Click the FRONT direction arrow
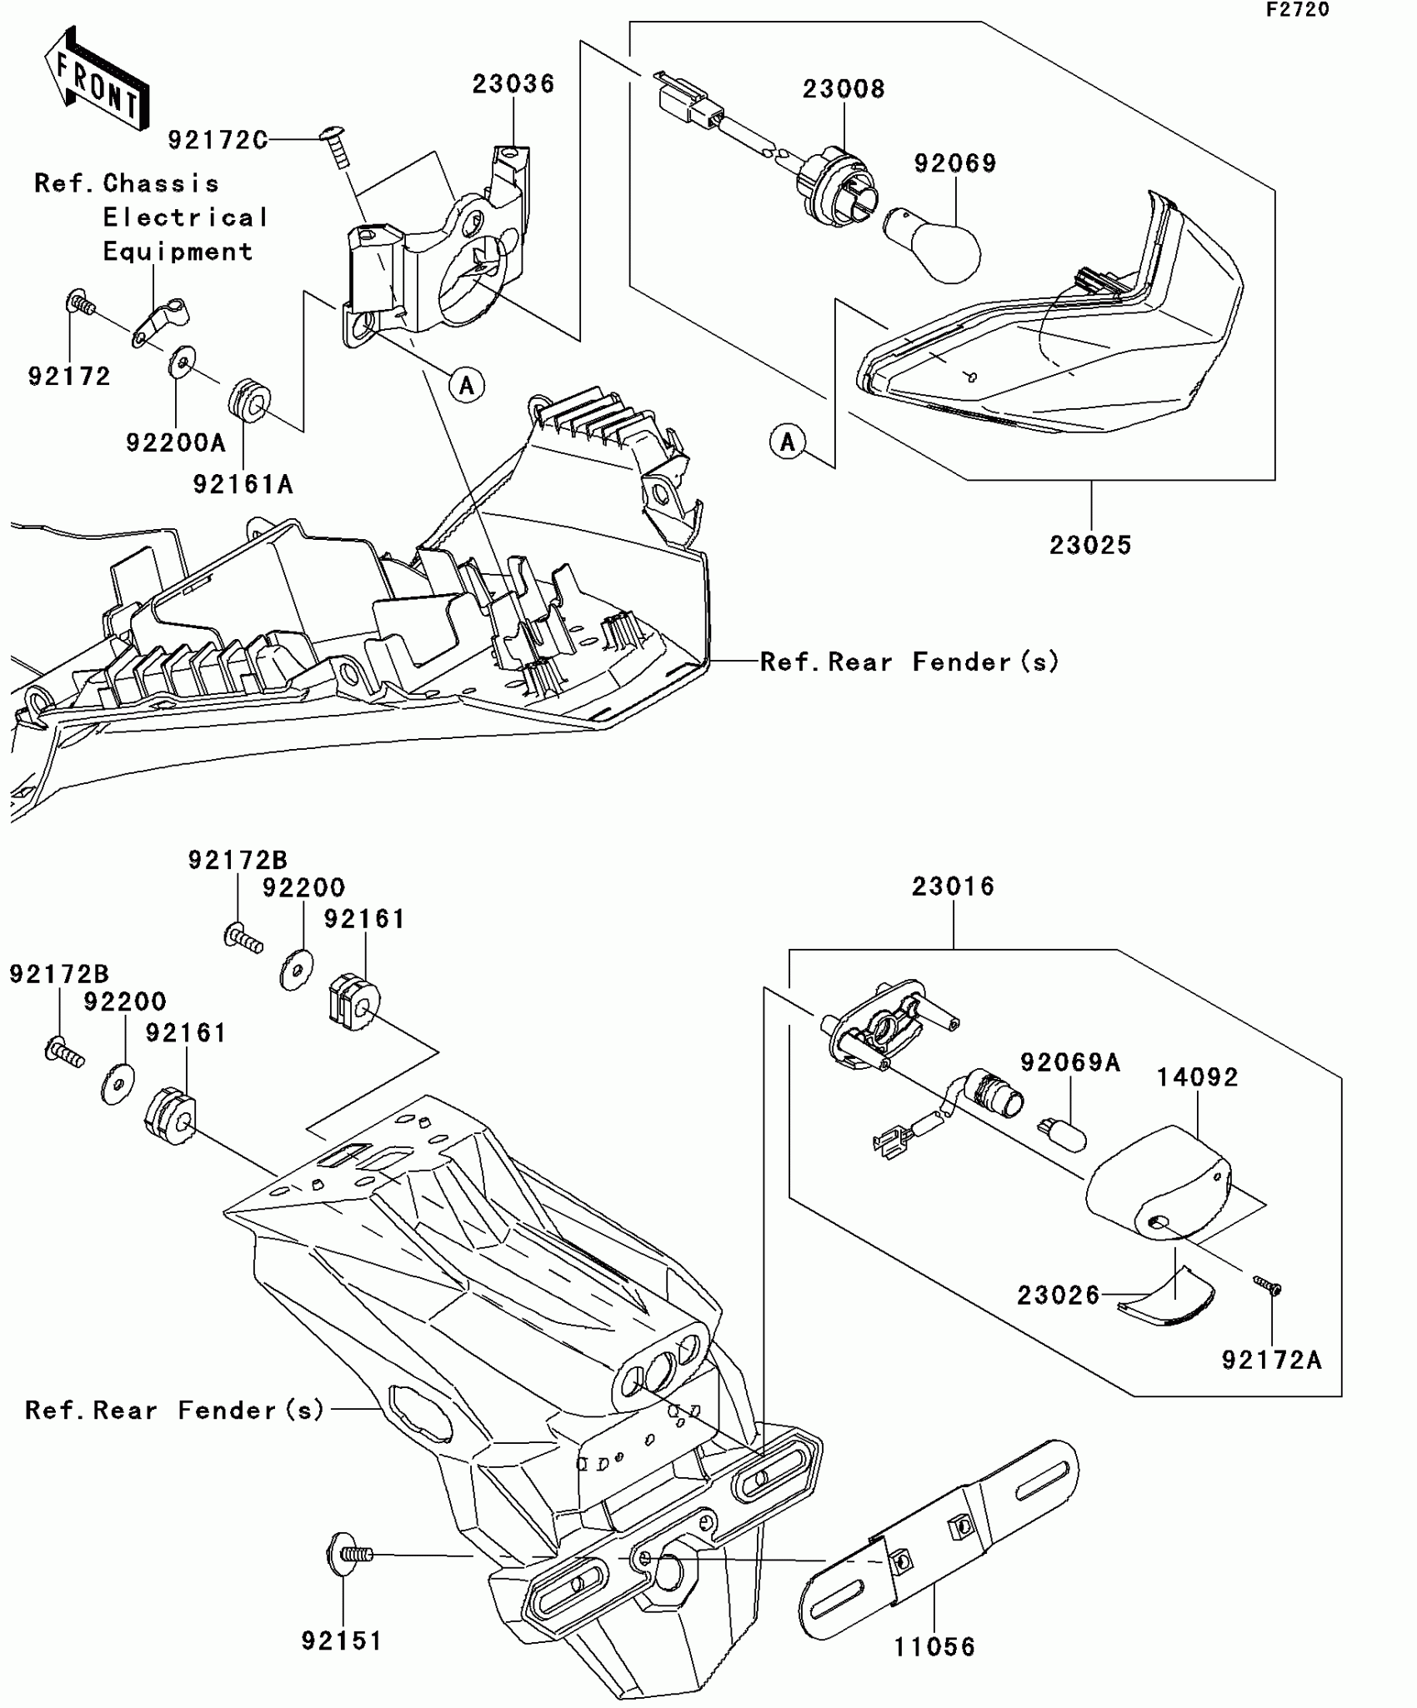pyautogui.click(x=97, y=79)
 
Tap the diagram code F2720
pyautogui.click(x=1298, y=10)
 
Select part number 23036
pyautogui.click(x=513, y=84)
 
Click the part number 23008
pyautogui.click(x=844, y=89)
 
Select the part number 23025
pyautogui.click(x=1090, y=546)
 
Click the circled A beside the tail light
pyautogui.click(x=788, y=442)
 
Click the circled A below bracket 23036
pyautogui.click(x=467, y=385)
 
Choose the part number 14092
pyautogui.click(x=1197, y=1077)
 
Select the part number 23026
pyautogui.click(x=1058, y=1295)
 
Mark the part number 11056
pyautogui.click(x=934, y=1646)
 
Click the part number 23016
pyautogui.click(x=953, y=886)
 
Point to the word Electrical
pyautogui.click(x=185, y=218)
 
